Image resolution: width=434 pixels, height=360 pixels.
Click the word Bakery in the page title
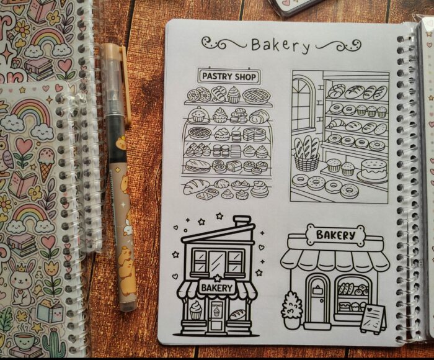pos(280,45)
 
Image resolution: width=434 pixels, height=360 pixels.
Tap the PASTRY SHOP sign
pos(229,76)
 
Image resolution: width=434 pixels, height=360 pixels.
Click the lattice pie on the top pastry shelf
pos(256,96)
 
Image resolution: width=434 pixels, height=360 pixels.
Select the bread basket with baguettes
pos(306,154)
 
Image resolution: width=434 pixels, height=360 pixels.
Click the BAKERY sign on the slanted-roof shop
pos(217,288)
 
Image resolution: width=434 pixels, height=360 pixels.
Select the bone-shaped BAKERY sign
pos(335,235)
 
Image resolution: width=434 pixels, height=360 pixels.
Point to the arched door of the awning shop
pos(317,299)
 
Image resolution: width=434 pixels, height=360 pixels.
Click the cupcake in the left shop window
pos(196,310)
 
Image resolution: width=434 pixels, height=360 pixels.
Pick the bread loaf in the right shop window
pos(237,314)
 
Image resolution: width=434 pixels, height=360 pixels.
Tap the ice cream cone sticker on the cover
pos(46,163)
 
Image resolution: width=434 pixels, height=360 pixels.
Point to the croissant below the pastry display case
pos(196,186)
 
